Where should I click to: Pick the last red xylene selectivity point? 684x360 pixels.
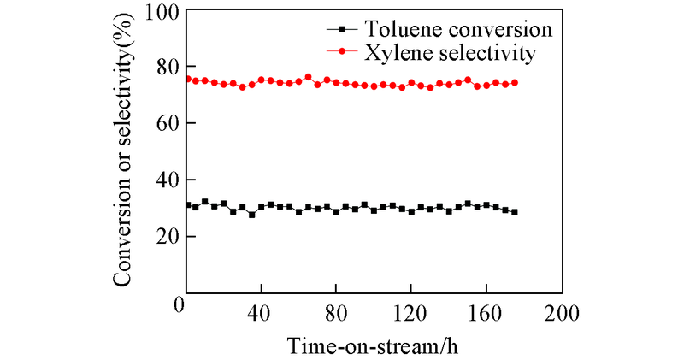click(x=515, y=82)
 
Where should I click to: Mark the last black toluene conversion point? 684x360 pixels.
click(x=515, y=212)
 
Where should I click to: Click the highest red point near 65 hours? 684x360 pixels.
click(x=308, y=77)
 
